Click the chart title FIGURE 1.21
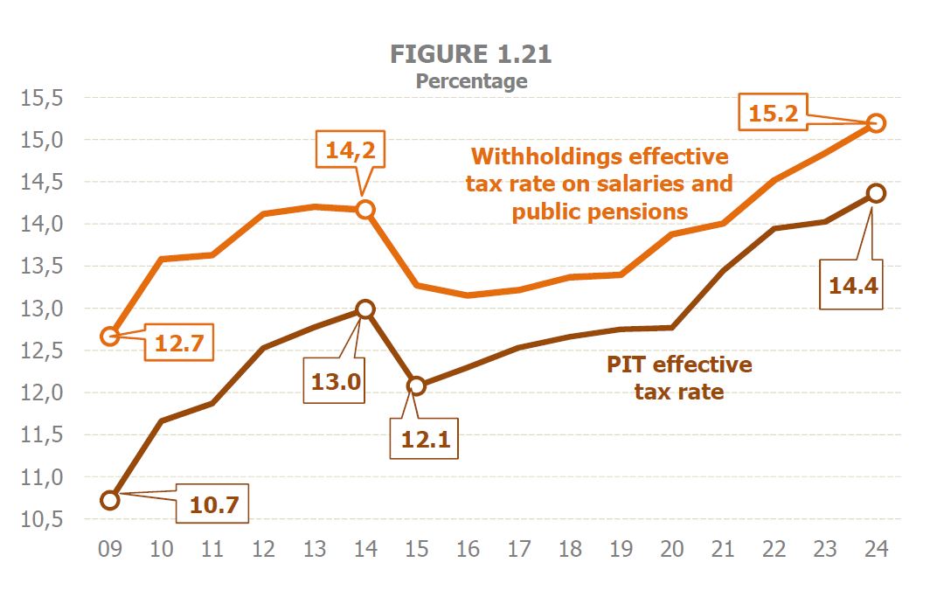point(470,54)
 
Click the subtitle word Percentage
point(471,81)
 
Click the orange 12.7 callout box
point(178,344)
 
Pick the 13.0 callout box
point(334,381)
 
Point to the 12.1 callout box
point(425,440)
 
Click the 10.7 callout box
point(212,503)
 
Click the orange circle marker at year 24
point(877,123)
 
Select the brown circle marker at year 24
point(876,193)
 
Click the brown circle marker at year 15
point(417,386)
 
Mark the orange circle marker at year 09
point(110,336)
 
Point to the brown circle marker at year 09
point(110,500)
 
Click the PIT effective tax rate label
point(679,378)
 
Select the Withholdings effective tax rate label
point(599,184)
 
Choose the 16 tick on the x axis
point(468,549)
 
